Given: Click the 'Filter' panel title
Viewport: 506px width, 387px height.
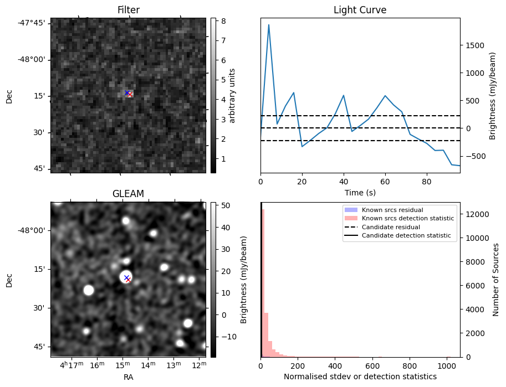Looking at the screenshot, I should pos(128,10).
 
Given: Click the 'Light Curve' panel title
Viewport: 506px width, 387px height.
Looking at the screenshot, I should pos(360,10).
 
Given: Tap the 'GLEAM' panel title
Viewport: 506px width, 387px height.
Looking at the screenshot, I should pos(128,194).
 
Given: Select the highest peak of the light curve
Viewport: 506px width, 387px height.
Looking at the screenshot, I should pos(269,25).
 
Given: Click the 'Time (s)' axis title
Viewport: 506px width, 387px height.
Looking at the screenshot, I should pos(360,192).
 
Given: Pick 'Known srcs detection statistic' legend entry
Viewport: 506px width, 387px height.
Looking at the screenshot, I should pos(407,218).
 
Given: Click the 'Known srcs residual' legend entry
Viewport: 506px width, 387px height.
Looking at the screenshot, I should pos(392,210).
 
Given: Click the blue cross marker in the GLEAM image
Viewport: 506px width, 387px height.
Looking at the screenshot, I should pos(126,277).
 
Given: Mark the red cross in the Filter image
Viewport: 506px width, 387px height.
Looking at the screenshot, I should pos(129,94).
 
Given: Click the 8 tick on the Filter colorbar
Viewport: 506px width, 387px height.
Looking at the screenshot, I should pos(219,20).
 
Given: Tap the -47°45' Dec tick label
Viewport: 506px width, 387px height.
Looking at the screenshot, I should pos(32,23).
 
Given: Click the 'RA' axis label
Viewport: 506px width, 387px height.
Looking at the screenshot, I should pos(128,377).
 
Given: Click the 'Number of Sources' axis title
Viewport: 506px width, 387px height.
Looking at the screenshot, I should pos(497,280).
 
